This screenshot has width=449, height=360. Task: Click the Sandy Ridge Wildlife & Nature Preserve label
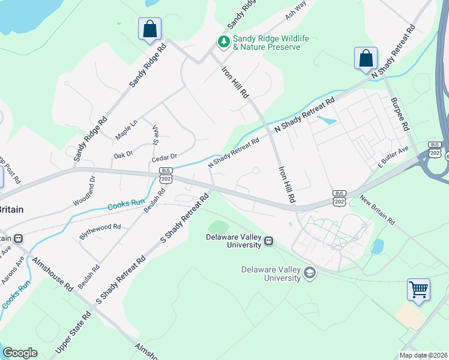pos(271,43)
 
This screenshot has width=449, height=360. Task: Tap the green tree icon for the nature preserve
pos(223,41)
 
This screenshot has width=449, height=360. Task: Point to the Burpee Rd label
pos(399,115)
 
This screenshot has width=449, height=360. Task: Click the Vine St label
pos(155,136)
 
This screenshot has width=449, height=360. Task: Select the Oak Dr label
pos(123,155)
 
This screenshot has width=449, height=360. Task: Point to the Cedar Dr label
pos(164,157)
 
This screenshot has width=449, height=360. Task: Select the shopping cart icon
pos(418,289)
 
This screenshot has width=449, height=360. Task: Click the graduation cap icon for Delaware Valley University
pos(309,274)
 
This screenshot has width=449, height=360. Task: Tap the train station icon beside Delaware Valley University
pos(269,241)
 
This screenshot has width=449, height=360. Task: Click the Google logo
pos(20,353)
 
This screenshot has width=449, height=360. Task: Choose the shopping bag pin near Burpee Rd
pos(366,59)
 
